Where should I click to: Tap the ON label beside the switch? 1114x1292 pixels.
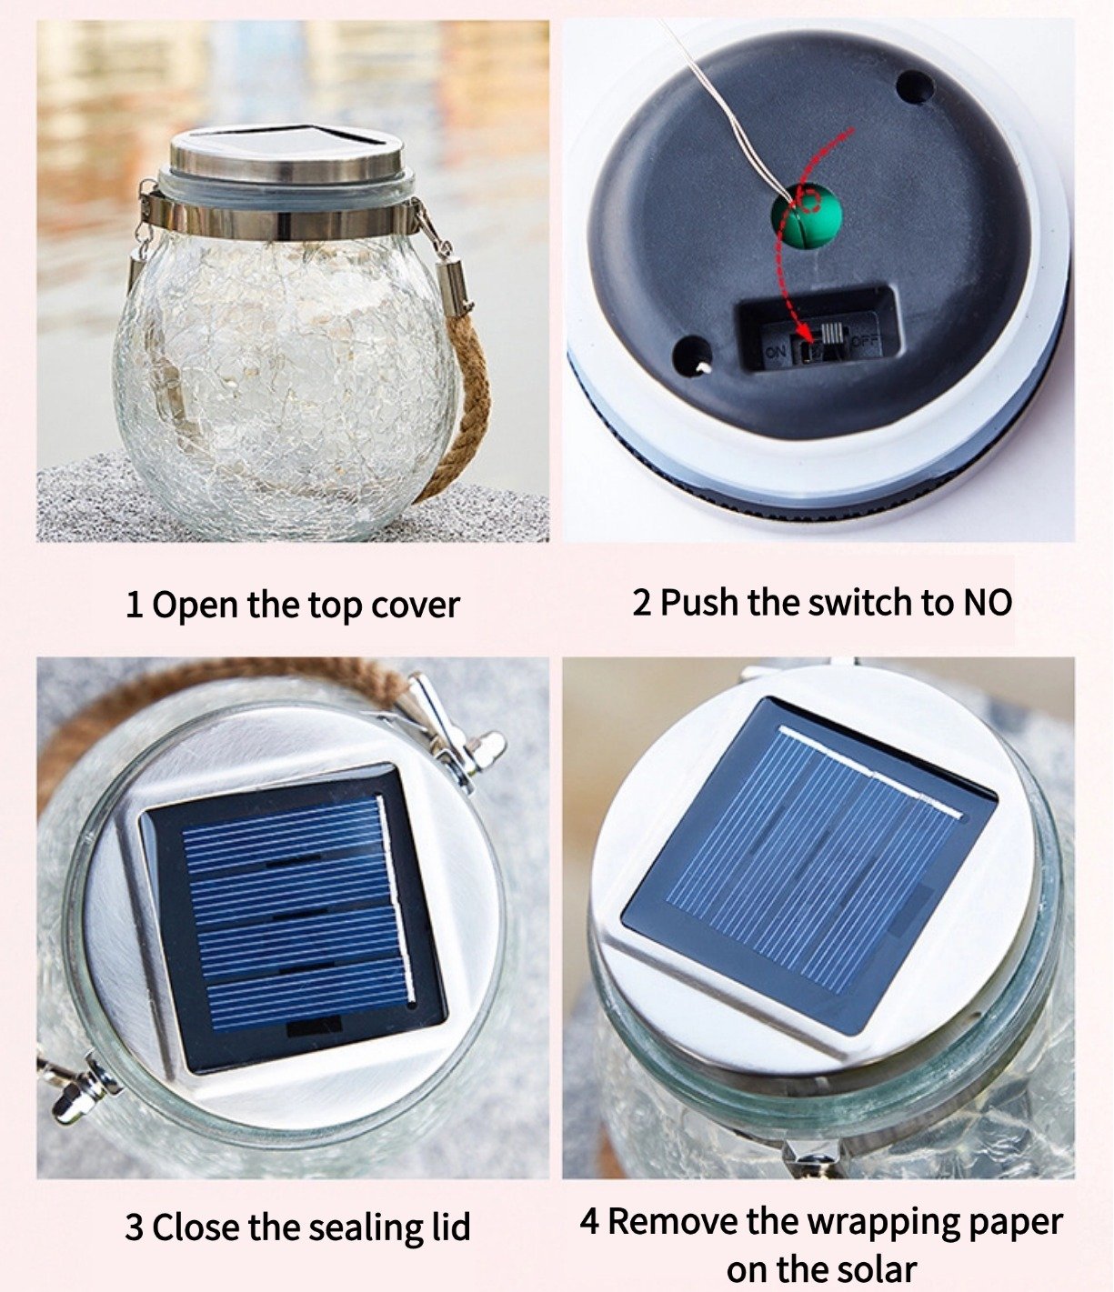(x=775, y=352)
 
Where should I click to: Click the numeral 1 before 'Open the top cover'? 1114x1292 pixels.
(x=134, y=605)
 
